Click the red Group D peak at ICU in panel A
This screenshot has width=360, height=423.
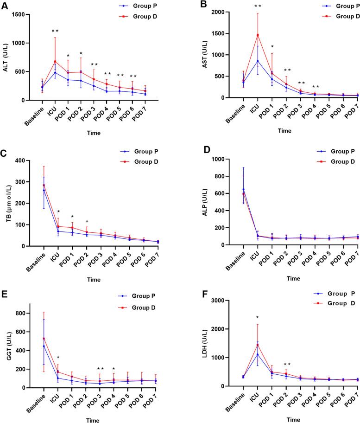pos(55,61)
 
